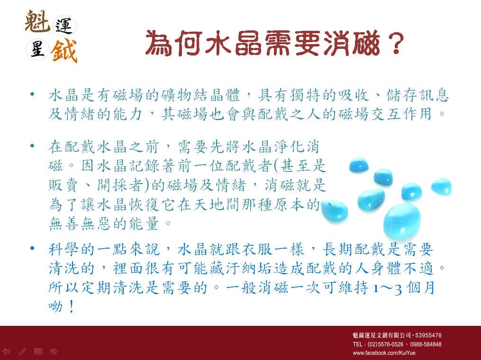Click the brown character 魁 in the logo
click(x=37, y=21)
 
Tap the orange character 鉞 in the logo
click(x=64, y=51)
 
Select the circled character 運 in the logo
click(x=64, y=26)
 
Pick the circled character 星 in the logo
click(x=38, y=49)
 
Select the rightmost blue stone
click(x=441, y=186)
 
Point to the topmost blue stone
click(x=359, y=165)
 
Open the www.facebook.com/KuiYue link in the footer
click(x=384, y=353)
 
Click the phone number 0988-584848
click(x=426, y=344)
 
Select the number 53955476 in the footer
click(x=428, y=335)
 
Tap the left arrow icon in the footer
click(x=6, y=351)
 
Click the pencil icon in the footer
click(x=22, y=352)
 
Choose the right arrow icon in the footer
click(x=54, y=351)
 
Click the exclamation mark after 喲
click(x=72, y=306)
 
